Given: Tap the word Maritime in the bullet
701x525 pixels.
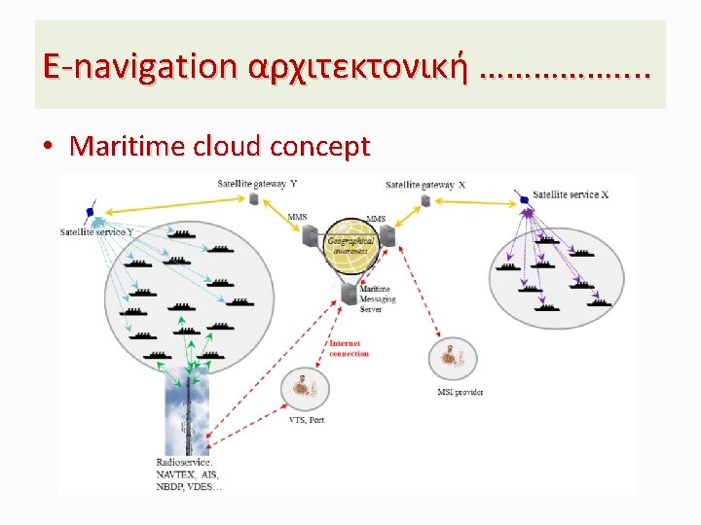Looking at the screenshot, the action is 129,147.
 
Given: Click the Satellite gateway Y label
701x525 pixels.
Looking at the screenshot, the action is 257,183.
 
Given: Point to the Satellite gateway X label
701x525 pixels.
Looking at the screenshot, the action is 425,185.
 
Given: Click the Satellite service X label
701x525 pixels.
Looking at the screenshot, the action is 571,194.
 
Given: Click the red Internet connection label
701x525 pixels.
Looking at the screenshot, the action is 349,348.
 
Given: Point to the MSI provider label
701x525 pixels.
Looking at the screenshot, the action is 461,393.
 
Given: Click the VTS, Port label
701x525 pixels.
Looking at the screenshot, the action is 307,420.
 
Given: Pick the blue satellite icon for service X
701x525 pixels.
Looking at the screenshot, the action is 525,198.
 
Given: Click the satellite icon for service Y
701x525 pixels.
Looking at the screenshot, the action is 91,211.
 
